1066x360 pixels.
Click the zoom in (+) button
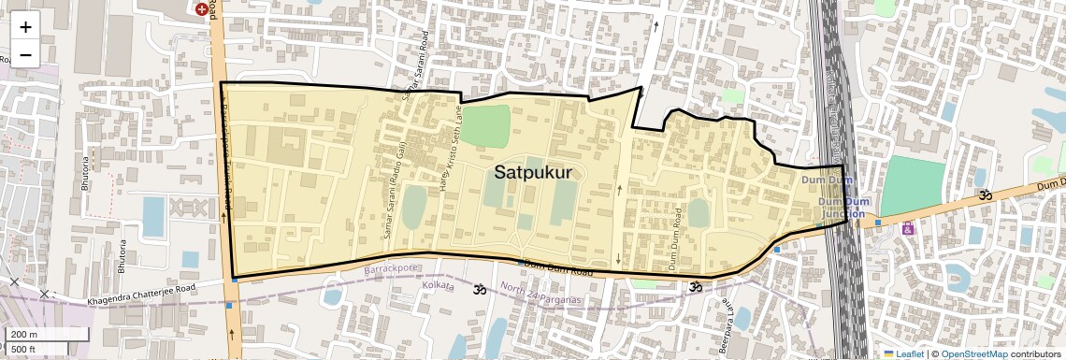[25, 26]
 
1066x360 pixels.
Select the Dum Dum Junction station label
[836, 202]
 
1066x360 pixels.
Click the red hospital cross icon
[201, 8]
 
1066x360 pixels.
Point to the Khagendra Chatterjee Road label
[141, 295]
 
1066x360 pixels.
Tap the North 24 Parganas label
[540, 293]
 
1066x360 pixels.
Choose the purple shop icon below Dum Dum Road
[906, 228]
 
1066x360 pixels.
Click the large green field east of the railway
[913, 184]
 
